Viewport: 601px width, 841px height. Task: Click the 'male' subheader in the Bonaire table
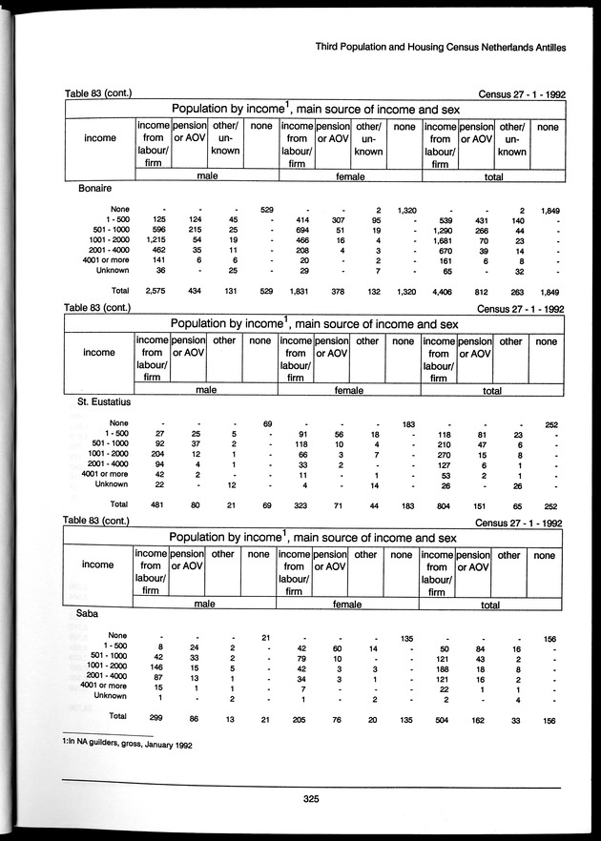[205, 176]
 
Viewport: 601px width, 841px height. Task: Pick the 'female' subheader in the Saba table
[346, 604]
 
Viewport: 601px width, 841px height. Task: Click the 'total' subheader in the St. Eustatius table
[491, 390]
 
